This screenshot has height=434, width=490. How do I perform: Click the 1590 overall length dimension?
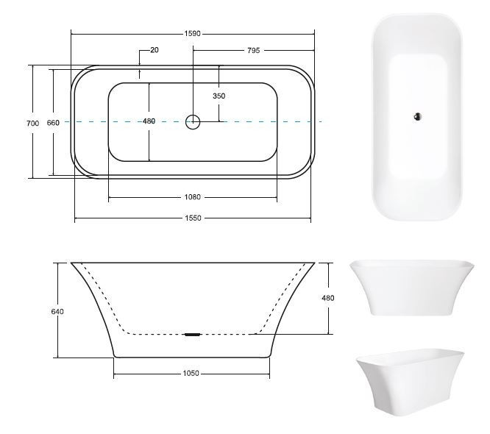192,33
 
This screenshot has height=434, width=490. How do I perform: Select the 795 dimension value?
253,50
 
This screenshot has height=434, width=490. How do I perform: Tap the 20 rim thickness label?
155,50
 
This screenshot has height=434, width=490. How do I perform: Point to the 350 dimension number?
219,96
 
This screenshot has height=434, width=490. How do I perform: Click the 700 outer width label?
33,124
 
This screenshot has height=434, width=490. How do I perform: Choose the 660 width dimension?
53,123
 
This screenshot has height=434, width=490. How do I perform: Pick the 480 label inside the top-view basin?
149,121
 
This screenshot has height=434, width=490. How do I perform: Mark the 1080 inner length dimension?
192,197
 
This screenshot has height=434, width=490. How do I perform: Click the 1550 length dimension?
193,218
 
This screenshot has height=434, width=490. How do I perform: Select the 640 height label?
57,311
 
